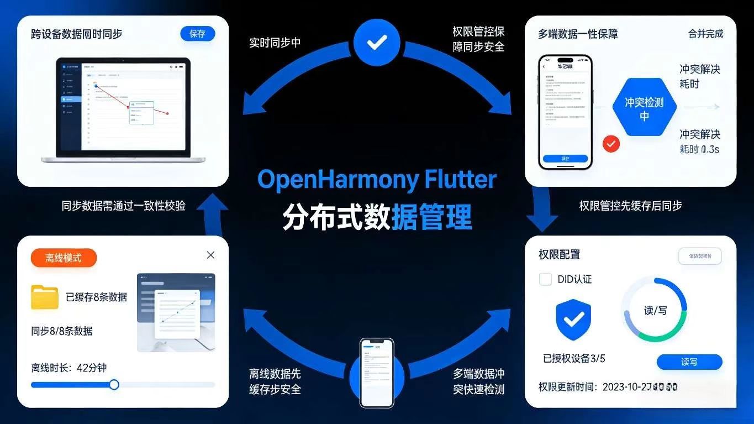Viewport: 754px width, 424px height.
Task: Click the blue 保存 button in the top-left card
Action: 197,34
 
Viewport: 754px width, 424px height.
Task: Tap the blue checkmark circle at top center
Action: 377,42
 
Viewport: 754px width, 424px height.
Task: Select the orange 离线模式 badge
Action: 64,258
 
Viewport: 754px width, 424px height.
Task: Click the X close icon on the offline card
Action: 210,255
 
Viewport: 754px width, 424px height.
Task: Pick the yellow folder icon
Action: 45,297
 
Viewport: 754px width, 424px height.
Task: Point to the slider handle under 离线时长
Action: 114,384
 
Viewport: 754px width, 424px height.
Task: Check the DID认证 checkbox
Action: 545,279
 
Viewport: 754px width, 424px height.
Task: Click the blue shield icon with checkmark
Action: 573,319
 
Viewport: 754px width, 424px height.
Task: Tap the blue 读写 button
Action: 689,362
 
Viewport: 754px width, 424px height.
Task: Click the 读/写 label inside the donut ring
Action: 655,310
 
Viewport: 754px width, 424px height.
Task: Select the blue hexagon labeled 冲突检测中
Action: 644,108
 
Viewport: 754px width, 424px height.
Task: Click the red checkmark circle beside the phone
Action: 611,144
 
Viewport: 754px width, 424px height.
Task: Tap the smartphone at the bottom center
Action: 377,372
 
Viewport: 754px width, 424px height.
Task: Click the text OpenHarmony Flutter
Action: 377,180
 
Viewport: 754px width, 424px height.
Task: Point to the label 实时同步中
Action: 275,43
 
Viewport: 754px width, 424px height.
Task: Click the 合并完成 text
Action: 705,34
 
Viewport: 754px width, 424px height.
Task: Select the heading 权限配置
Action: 560,254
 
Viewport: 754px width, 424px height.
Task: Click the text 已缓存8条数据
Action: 96,297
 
